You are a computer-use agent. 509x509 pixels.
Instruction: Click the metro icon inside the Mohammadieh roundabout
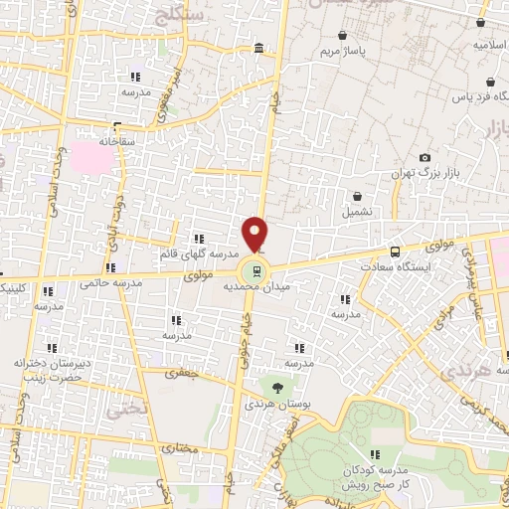(x=257, y=269)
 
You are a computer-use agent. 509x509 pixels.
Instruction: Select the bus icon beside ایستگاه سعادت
(x=396, y=252)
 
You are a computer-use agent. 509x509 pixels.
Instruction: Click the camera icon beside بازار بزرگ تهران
(x=425, y=157)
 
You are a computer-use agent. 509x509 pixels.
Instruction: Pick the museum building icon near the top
(x=258, y=48)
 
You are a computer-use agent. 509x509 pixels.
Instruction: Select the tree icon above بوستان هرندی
(x=277, y=386)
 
